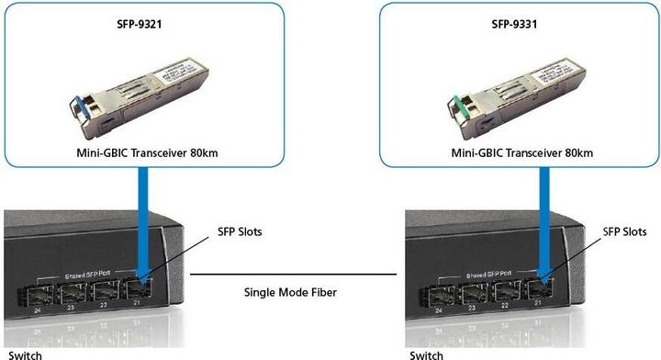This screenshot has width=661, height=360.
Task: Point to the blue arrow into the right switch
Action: [x=544, y=230]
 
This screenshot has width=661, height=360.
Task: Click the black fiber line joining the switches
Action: [x=294, y=274]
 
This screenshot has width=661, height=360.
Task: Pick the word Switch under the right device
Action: [x=427, y=354]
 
